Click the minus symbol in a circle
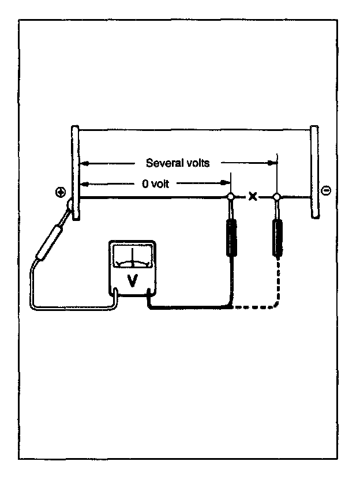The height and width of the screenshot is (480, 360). click(x=326, y=190)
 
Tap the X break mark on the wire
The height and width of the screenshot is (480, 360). click(x=253, y=197)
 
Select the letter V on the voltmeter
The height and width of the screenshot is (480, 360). click(x=133, y=280)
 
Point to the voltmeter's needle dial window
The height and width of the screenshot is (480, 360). click(x=132, y=257)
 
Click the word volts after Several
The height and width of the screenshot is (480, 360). click(x=197, y=163)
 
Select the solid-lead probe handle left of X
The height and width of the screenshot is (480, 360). click(x=231, y=237)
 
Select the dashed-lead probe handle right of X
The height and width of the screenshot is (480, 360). click(x=278, y=237)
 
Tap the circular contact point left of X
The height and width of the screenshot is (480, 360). click(x=231, y=197)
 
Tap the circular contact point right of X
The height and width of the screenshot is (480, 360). click(x=277, y=197)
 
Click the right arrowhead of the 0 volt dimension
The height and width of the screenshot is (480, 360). click(x=226, y=183)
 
